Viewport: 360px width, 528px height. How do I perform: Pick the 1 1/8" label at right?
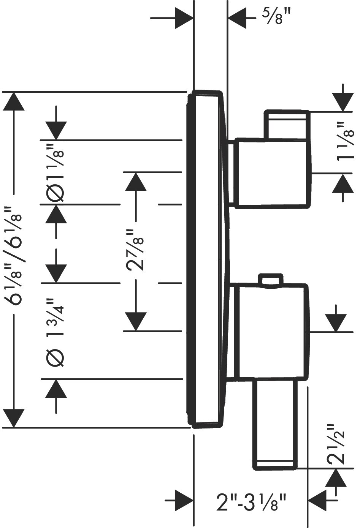(x=346, y=141)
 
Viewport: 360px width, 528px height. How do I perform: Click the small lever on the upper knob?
(x=287, y=125)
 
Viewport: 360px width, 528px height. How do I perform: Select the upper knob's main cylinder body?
(x=273, y=173)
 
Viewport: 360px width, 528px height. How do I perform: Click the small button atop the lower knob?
(x=271, y=280)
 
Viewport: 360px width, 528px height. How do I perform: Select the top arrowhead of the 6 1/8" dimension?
(x=14, y=101)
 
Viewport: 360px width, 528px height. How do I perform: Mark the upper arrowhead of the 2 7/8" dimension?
(x=136, y=182)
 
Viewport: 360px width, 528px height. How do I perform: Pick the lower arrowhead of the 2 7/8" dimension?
(x=136, y=322)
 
